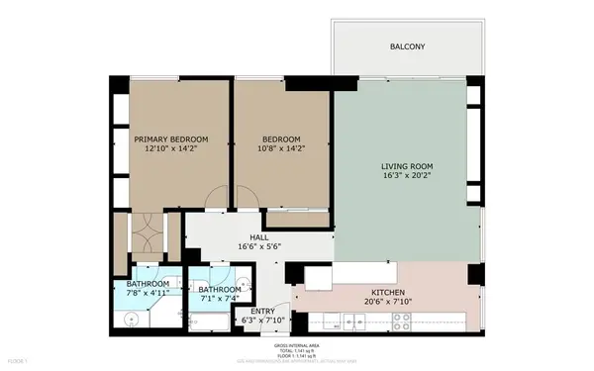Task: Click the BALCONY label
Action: [x=408, y=46]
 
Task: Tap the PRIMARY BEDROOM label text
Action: [x=171, y=139]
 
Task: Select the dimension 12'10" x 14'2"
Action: [x=171, y=149]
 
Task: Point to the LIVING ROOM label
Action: [x=408, y=165]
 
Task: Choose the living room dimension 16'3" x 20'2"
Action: [x=408, y=175]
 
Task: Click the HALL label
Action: [x=259, y=236]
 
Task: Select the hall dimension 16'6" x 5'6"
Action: [x=259, y=246]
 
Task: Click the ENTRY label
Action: [x=263, y=311]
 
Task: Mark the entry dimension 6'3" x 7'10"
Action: [x=263, y=321]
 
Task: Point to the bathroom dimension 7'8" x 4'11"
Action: [x=148, y=294]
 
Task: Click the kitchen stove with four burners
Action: [x=402, y=321]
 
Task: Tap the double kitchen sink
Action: [x=345, y=323]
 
